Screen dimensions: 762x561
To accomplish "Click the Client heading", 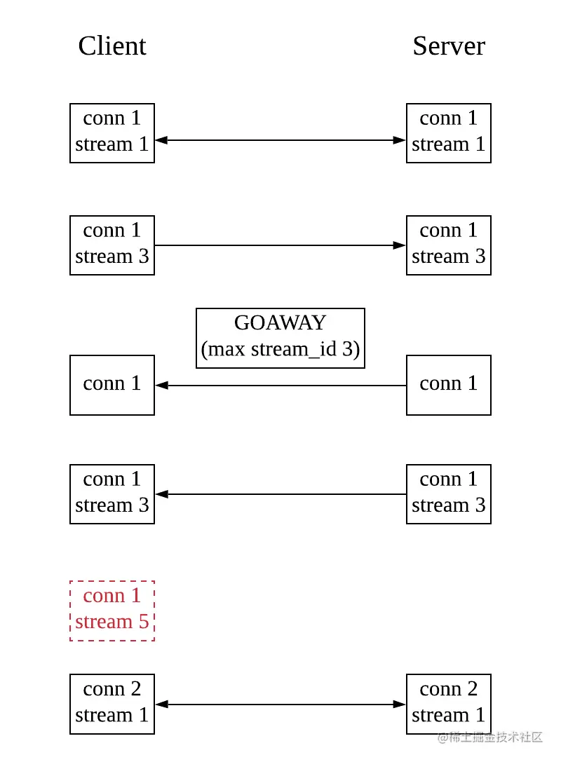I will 112,46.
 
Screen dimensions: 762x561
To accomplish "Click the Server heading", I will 449,46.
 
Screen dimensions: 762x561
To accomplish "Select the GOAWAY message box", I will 280,338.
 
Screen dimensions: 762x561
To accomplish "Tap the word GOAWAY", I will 280,322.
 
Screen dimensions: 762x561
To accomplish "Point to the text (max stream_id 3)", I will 280,349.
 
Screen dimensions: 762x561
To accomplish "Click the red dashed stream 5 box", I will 112,610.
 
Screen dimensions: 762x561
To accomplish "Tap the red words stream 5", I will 112,622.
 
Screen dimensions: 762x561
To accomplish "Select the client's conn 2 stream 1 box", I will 112,704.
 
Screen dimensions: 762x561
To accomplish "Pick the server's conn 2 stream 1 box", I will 449,704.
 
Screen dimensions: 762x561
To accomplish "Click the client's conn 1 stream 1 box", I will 112,133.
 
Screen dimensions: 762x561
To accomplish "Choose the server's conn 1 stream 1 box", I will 449,133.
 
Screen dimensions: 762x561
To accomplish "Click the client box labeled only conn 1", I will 112,385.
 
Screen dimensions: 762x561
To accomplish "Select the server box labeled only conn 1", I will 449,385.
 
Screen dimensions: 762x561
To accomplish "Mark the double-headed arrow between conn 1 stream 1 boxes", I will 280,140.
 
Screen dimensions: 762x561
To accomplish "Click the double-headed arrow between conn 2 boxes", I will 280,705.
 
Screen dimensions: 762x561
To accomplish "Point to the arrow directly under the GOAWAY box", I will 280,385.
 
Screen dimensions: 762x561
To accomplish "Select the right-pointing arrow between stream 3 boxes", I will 280,245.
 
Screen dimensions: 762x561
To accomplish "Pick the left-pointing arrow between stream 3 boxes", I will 280,494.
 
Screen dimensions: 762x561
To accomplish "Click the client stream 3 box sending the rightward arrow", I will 112,245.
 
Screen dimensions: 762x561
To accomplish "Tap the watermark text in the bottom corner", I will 490,737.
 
